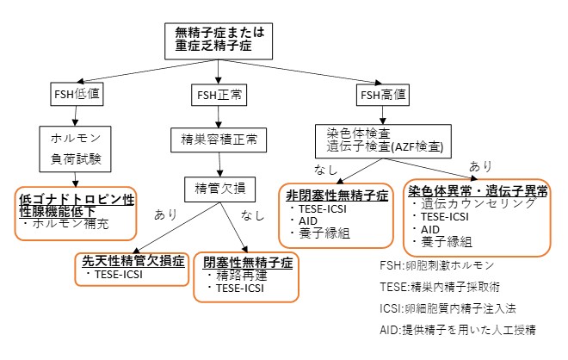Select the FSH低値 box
point(74,92)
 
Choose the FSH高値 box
point(382,92)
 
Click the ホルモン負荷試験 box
point(74,146)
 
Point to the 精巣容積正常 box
point(219,137)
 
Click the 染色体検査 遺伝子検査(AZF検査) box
point(383,140)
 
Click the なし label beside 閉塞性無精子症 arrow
point(252,214)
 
